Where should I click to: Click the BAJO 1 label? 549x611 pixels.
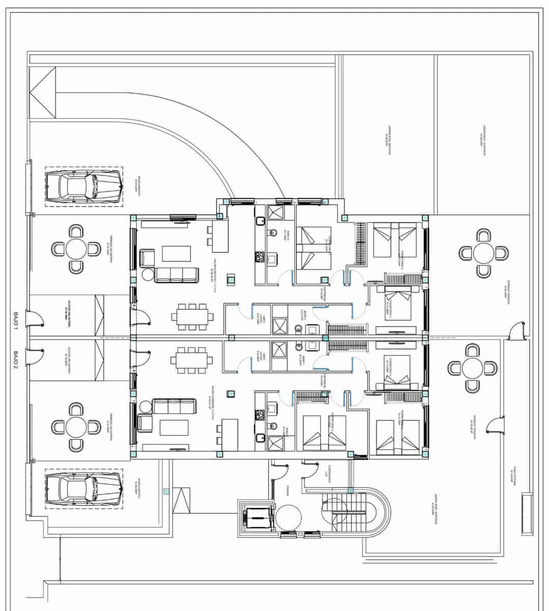[16, 320]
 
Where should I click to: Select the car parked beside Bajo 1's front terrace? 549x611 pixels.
[83, 186]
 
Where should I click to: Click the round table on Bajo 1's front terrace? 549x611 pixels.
[76, 249]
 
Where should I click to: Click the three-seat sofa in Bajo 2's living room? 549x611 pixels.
[175, 406]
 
